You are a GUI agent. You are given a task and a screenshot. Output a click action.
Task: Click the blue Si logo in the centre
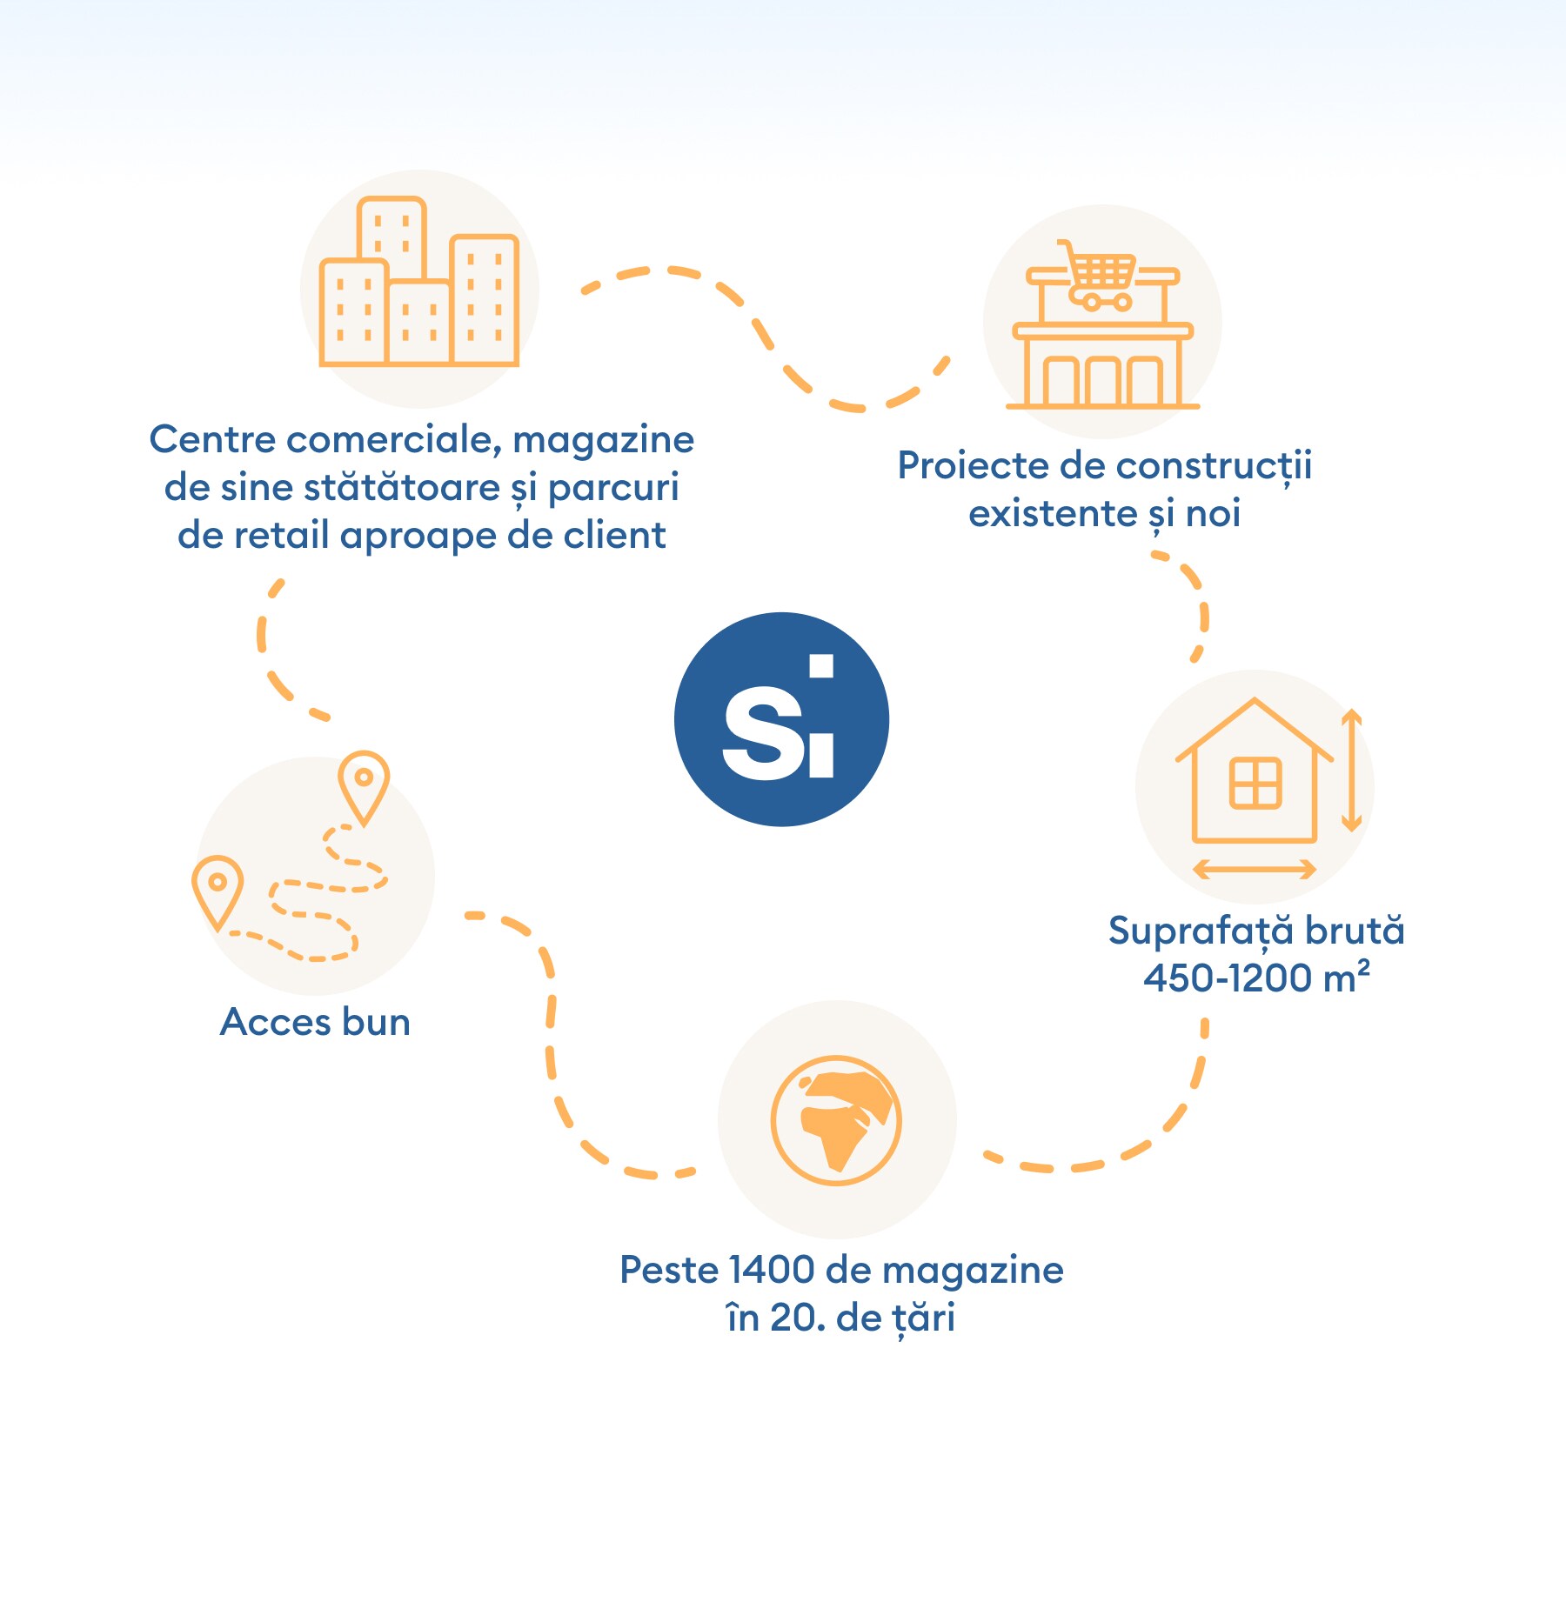coord(781,719)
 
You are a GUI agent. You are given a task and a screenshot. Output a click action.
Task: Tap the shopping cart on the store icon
coord(1098,275)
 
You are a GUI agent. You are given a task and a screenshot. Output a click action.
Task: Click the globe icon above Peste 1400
coord(836,1120)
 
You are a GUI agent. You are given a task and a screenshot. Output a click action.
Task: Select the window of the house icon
coord(1255,783)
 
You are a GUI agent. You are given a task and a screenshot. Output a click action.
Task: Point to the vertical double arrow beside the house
coord(1351,770)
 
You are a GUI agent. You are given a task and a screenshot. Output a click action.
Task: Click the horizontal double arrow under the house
coord(1255,868)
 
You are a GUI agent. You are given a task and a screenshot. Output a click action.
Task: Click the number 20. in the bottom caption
coord(797,1318)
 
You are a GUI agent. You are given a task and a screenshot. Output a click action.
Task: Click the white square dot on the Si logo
coord(821,666)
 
